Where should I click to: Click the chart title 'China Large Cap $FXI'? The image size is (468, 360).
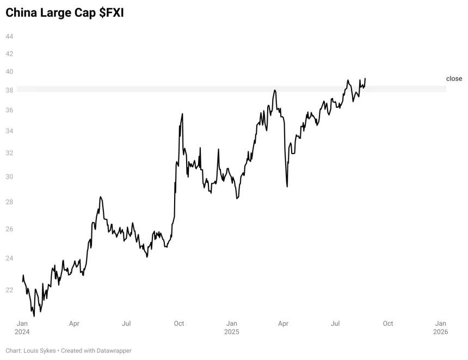click(64, 13)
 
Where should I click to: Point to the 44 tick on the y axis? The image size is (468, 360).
click(9, 36)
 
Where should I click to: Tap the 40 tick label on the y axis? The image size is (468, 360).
click(9, 72)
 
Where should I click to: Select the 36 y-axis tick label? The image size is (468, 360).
click(9, 110)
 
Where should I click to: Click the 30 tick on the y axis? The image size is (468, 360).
click(9, 176)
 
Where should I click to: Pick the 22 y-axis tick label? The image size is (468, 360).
click(9, 290)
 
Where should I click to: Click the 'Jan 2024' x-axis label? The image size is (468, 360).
click(22, 327)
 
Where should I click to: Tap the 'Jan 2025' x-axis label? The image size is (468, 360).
click(232, 327)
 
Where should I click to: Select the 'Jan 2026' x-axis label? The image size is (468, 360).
click(441, 327)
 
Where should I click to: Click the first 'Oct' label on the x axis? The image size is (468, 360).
click(179, 324)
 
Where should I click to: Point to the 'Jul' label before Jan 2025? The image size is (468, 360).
click(126, 324)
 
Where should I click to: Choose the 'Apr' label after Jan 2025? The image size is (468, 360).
click(283, 324)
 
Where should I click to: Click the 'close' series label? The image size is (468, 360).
click(454, 78)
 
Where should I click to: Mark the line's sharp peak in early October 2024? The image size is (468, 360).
click(182, 114)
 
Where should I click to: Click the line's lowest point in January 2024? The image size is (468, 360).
click(34, 316)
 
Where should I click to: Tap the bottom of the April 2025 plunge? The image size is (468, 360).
click(287, 187)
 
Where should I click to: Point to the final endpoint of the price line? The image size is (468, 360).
click(365, 78)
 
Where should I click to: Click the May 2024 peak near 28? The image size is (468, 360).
click(101, 197)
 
